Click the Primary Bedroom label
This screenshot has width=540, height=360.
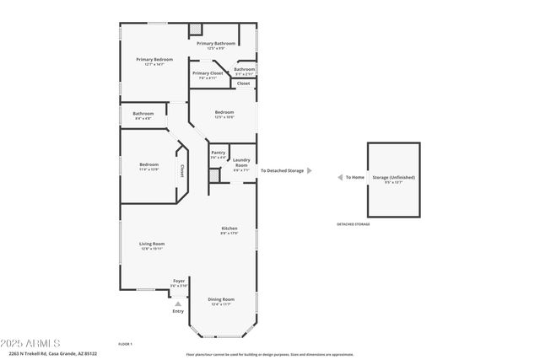(x=154, y=60)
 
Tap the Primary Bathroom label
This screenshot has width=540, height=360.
(x=216, y=43)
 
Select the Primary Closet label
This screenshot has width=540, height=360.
(x=208, y=73)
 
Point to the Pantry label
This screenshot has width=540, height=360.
(x=218, y=153)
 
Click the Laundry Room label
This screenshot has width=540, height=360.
(x=240, y=163)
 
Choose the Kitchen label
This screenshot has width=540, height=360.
(x=229, y=228)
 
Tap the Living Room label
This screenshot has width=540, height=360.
(x=152, y=244)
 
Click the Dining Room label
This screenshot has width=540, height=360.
(x=221, y=299)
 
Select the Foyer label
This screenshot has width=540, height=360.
(x=179, y=281)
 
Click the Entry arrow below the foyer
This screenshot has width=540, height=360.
(x=178, y=304)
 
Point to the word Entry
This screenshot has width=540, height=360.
(x=178, y=312)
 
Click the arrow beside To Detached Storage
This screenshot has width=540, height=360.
(x=309, y=170)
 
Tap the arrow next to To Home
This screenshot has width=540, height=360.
(x=338, y=177)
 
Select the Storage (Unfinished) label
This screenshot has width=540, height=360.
(x=394, y=177)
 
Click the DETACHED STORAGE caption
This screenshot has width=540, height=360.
(x=354, y=224)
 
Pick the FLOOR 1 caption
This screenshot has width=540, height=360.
(x=125, y=344)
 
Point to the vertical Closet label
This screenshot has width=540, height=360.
(x=181, y=171)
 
